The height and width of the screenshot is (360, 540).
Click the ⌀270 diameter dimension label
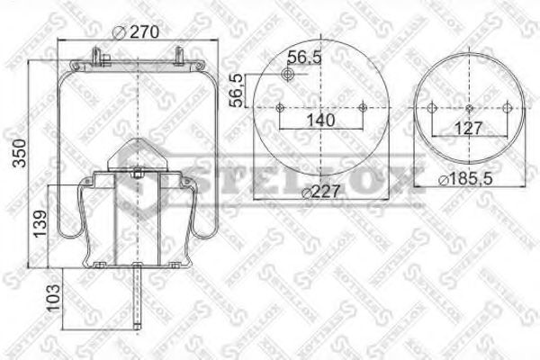click(138, 32)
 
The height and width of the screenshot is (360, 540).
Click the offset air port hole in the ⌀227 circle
click(291, 76)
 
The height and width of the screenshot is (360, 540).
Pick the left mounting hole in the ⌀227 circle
click(280, 108)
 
